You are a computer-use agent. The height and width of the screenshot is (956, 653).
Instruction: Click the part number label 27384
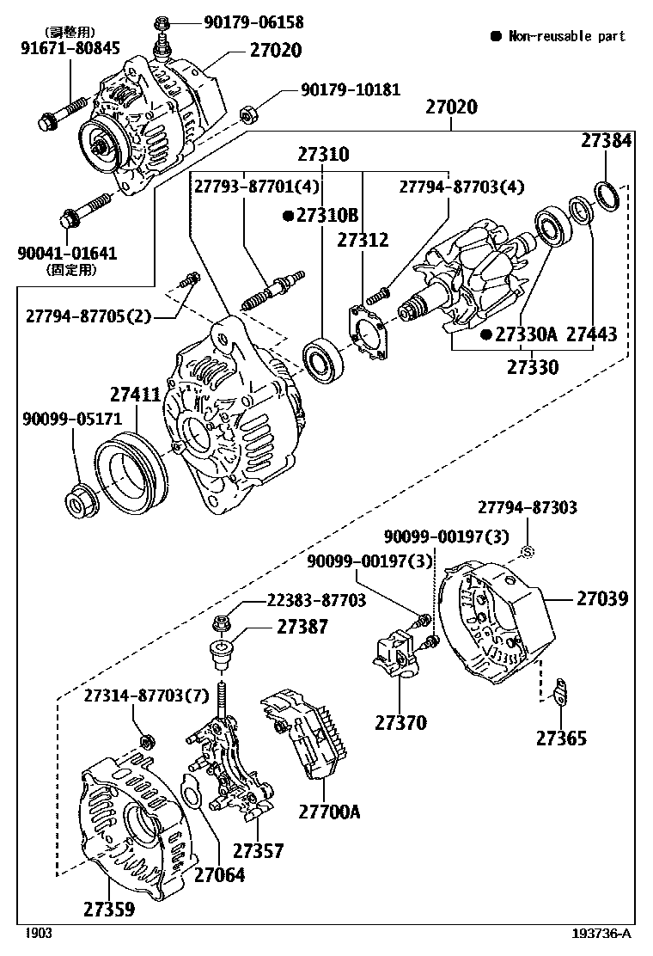[x=606, y=141]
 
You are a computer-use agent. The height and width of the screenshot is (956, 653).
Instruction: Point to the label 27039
[x=602, y=598]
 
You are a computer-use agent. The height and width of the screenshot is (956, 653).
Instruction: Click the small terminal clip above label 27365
[x=559, y=689]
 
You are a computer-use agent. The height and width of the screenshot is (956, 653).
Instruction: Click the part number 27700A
[x=329, y=811]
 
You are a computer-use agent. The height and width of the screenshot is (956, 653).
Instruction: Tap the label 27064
[x=218, y=875]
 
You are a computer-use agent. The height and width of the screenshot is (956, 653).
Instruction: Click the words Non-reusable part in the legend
[x=566, y=36]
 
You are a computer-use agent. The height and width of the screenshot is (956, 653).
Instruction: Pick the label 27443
[x=591, y=334]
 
